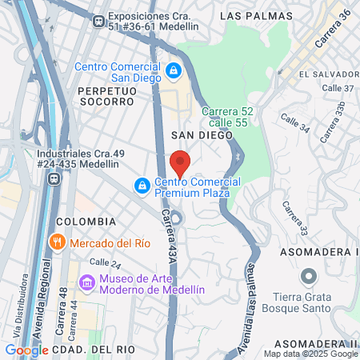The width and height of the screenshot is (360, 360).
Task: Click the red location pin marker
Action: pyautogui.click(x=180, y=162)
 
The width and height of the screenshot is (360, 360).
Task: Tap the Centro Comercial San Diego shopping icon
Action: pyautogui.click(x=173, y=72)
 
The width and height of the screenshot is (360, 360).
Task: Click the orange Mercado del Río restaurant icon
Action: pyautogui.click(x=56, y=242)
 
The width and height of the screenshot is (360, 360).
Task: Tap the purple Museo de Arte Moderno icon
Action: pyautogui.click(x=86, y=283)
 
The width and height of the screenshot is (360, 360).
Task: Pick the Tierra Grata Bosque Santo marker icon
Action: pyautogui.click(x=309, y=277)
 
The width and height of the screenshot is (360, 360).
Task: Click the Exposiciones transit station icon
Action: pyautogui.click(x=98, y=21)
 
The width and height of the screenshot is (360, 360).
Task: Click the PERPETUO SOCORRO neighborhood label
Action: pyautogui.click(x=106, y=96)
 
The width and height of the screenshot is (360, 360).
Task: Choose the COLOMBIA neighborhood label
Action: pyautogui.click(x=86, y=221)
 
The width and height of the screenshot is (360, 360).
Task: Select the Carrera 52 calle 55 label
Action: pyautogui.click(x=227, y=117)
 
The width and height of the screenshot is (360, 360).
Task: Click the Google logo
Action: pyautogui.click(x=26, y=350)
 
